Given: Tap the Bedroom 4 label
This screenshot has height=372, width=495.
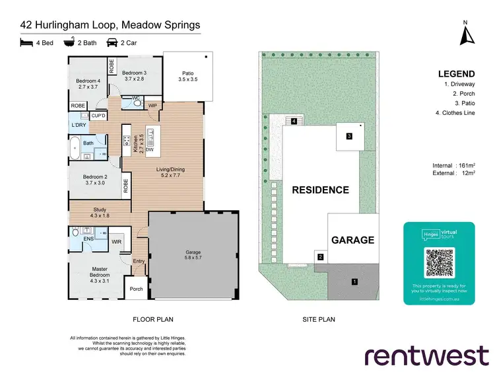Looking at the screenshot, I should tap(88, 83).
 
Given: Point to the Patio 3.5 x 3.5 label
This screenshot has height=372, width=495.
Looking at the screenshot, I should tap(188, 76).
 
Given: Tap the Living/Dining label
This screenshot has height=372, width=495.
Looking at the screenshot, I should tap(170, 173).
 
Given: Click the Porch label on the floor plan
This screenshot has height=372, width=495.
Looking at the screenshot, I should tap(136, 289).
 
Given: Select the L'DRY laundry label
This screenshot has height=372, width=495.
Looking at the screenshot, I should tap(79, 125).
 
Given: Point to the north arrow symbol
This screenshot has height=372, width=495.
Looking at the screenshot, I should tap(466, 34).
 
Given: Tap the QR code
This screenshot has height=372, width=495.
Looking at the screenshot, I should tap(439, 263).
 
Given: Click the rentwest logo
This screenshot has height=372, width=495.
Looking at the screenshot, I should tap(427, 355).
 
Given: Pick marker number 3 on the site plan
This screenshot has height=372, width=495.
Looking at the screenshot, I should tap(349, 137).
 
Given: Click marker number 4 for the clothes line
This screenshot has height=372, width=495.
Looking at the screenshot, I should tap(293, 121).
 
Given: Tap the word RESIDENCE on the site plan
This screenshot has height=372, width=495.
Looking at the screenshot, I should tap(320, 190).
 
